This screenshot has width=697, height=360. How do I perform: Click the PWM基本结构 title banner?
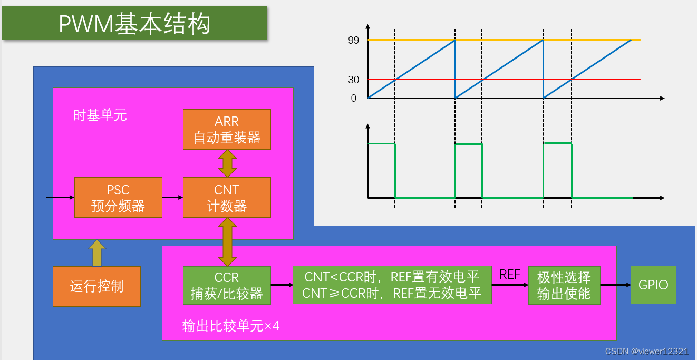pos(134,24)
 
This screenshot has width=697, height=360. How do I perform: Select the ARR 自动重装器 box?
pos(227,130)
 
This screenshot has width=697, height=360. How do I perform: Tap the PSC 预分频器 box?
pos(118,198)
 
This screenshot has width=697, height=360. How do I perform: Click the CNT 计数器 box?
pos(227,198)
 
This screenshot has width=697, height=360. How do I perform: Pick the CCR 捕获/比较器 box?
pos(227,286)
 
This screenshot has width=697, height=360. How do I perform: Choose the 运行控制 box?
pos(96,286)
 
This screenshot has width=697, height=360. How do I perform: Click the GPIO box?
pos(653,285)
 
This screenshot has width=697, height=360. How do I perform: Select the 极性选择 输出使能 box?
pos(564,285)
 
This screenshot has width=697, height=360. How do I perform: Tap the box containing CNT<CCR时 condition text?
pos(392,285)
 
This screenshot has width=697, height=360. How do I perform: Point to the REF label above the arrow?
pos(510,274)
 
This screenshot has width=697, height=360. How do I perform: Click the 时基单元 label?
pos(100,115)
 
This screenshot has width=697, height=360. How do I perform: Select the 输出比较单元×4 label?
pos(230,326)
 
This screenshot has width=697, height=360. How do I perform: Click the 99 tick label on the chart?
pos(353,40)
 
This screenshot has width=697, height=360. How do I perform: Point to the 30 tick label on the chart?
pos(353,80)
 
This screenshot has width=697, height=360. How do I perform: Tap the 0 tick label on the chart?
pos(353,99)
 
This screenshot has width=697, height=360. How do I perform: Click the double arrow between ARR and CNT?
pos(227,163)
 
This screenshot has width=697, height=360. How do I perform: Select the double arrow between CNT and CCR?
pos(227,242)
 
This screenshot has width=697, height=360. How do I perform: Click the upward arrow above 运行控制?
pos(96,253)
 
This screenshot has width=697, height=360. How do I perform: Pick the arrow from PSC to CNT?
pos(172,198)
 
